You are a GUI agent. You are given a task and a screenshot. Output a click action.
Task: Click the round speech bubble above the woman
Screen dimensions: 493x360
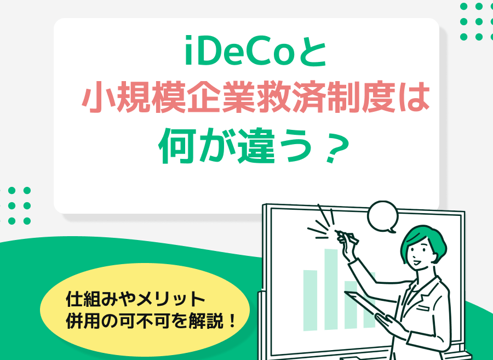pyautogui.click(x=383, y=216)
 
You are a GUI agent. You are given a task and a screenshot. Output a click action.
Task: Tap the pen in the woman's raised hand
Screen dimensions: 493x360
pyautogui.click(x=347, y=237)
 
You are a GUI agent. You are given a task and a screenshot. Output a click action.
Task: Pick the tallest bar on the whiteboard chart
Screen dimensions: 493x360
pyautogui.click(x=331, y=289)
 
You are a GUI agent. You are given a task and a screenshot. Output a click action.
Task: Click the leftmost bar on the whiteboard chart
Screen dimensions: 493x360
pyautogui.click(x=310, y=300)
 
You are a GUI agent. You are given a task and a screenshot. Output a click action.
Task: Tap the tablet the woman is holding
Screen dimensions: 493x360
pyautogui.click(x=365, y=304)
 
